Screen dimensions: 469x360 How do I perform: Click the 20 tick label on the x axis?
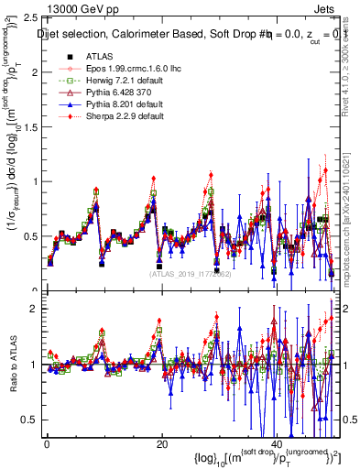coord(162,443)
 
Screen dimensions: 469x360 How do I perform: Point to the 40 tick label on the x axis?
coord(278,443)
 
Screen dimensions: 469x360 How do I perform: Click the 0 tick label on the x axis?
coord(47,443)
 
